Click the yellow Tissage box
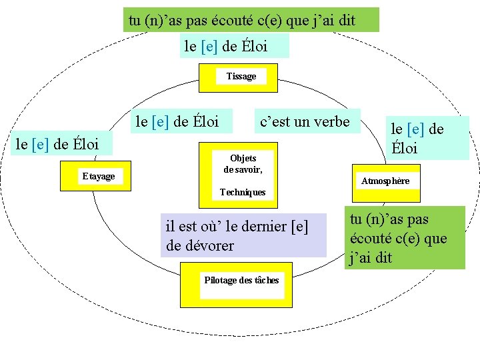point(240,77)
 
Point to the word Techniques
point(243,192)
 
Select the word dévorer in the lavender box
point(210,245)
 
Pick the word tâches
point(265,280)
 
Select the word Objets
point(243,159)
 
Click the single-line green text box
point(251,20)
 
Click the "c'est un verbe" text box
point(305,121)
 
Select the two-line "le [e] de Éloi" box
point(427,138)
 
